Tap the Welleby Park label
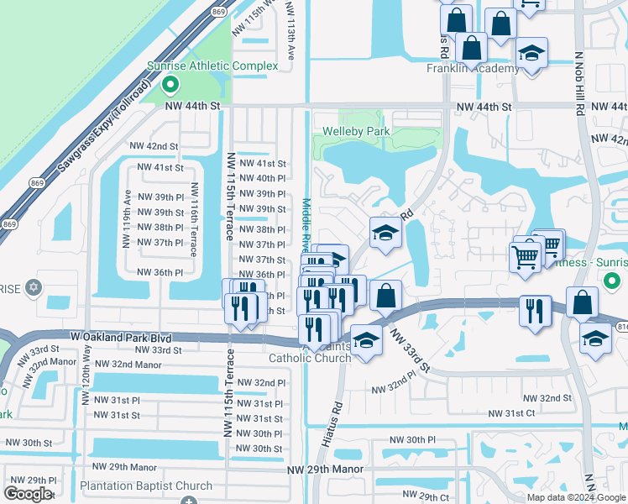click(x=356, y=132)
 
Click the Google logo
click(x=28, y=493)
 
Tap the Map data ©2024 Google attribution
click(x=576, y=497)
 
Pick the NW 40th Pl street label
click(x=263, y=178)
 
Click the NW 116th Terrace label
click(x=194, y=220)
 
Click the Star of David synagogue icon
click(x=34, y=287)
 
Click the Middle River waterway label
click(x=306, y=223)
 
